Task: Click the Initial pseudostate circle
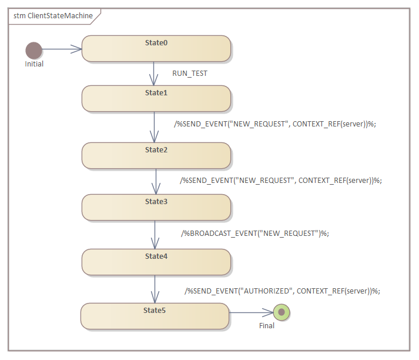click(34, 50)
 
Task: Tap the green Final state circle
click(281, 312)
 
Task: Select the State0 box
click(156, 48)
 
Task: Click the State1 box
click(156, 98)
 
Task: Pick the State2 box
click(156, 155)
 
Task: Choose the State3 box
click(156, 207)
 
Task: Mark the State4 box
click(156, 262)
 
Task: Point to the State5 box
click(155, 316)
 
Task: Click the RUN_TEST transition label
click(190, 74)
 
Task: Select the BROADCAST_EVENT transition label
click(255, 233)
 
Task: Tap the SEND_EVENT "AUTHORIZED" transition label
click(283, 291)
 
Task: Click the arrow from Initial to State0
click(62, 50)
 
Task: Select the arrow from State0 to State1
click(154, 74)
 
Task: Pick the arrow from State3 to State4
click(155, 235)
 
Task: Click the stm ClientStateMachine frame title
click(53, 16)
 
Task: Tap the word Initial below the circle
click(34, 64)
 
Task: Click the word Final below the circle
click(267, 325)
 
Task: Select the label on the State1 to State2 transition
click(275, 124)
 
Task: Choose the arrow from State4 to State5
click(155, 289)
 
